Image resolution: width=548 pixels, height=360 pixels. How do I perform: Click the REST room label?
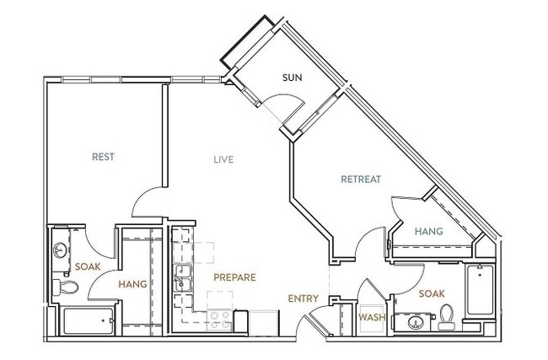[103, 157]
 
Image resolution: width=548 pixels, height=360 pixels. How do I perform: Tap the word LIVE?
[223, 159]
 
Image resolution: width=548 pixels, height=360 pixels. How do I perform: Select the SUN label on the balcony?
[292, 78]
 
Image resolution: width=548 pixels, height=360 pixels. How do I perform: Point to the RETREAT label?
[361, 179]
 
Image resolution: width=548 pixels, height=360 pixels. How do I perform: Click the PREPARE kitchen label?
[234, 277]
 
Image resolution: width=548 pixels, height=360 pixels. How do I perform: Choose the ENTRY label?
[303, 298]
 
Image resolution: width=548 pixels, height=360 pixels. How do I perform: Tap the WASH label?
[373, 317]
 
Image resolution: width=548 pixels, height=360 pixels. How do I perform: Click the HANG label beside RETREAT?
[429, 230]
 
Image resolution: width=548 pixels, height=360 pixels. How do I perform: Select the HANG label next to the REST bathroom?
[132, 284]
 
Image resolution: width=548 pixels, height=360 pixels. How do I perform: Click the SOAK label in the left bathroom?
[88, 267]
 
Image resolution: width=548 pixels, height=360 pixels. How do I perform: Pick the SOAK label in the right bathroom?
[433, 294]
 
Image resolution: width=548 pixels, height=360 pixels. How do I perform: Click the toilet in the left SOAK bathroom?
[67, 289]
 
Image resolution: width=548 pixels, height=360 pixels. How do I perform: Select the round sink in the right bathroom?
[414, 323]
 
